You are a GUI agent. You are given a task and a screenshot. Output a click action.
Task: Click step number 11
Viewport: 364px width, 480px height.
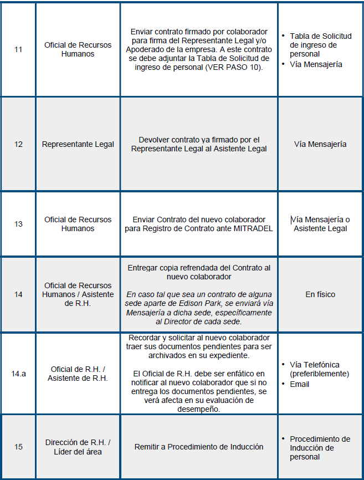(x=18, y=49)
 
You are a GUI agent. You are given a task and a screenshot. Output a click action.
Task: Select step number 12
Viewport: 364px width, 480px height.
(x=18, y=144)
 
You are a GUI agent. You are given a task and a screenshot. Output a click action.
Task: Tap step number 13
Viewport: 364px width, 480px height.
(x=18, y=224)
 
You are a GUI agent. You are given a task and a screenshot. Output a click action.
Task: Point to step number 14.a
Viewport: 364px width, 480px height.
(x=18, y=374)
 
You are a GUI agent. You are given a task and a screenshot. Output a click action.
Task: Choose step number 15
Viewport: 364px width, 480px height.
(x=18, y=447)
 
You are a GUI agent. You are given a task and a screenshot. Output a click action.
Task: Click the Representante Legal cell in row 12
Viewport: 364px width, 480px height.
(x=78, y=144)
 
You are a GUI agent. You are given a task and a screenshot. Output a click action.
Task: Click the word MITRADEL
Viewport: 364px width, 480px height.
(x=254, y=229)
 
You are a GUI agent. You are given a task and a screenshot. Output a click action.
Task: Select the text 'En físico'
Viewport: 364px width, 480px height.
(x=320, y=294)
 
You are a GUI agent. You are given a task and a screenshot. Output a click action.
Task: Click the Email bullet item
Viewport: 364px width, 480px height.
(x=299, y=384)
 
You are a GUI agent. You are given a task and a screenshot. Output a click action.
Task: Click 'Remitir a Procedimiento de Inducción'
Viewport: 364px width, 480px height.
(x=199, y=447)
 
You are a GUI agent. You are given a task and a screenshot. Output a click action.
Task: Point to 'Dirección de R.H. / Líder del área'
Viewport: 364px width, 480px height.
(x=78, y=447)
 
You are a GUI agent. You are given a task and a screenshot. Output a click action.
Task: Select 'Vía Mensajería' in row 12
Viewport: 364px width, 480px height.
(x=320, y=144)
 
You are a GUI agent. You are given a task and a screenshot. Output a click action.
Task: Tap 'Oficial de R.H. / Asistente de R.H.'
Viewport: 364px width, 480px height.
(x=78, y=374)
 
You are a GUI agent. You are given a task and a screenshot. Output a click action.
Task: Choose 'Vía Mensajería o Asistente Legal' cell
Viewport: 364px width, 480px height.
(x=321, y=224)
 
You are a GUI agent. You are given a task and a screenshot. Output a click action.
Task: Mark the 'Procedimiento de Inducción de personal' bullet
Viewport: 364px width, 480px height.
(x=320, y=448)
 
